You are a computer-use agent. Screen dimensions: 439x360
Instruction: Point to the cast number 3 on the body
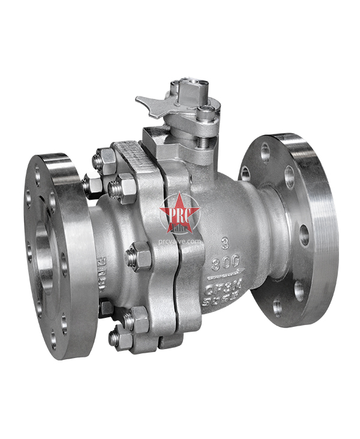click(223, 244)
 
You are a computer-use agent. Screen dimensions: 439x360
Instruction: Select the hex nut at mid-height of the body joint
click(138, 256)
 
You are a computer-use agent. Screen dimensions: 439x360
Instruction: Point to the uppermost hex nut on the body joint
click(107, 160)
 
